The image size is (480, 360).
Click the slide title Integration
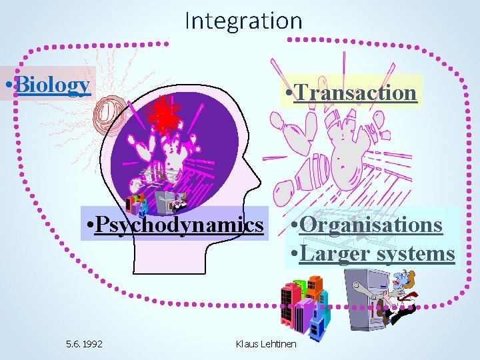click(x=243, y=21)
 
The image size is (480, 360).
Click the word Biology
click(x=51, y=85)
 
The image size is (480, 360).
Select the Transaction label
click(x=354, y=92)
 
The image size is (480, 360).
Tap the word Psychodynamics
click(x=179, y=225)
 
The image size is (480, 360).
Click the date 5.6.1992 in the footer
click(x=85, y=344)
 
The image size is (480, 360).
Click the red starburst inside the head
click(x=163, y=113)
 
